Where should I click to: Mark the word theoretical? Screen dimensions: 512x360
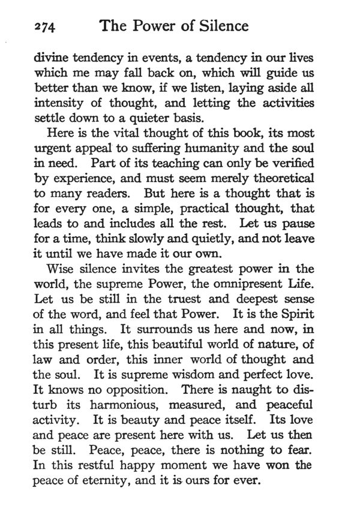(x=275, y=177)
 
